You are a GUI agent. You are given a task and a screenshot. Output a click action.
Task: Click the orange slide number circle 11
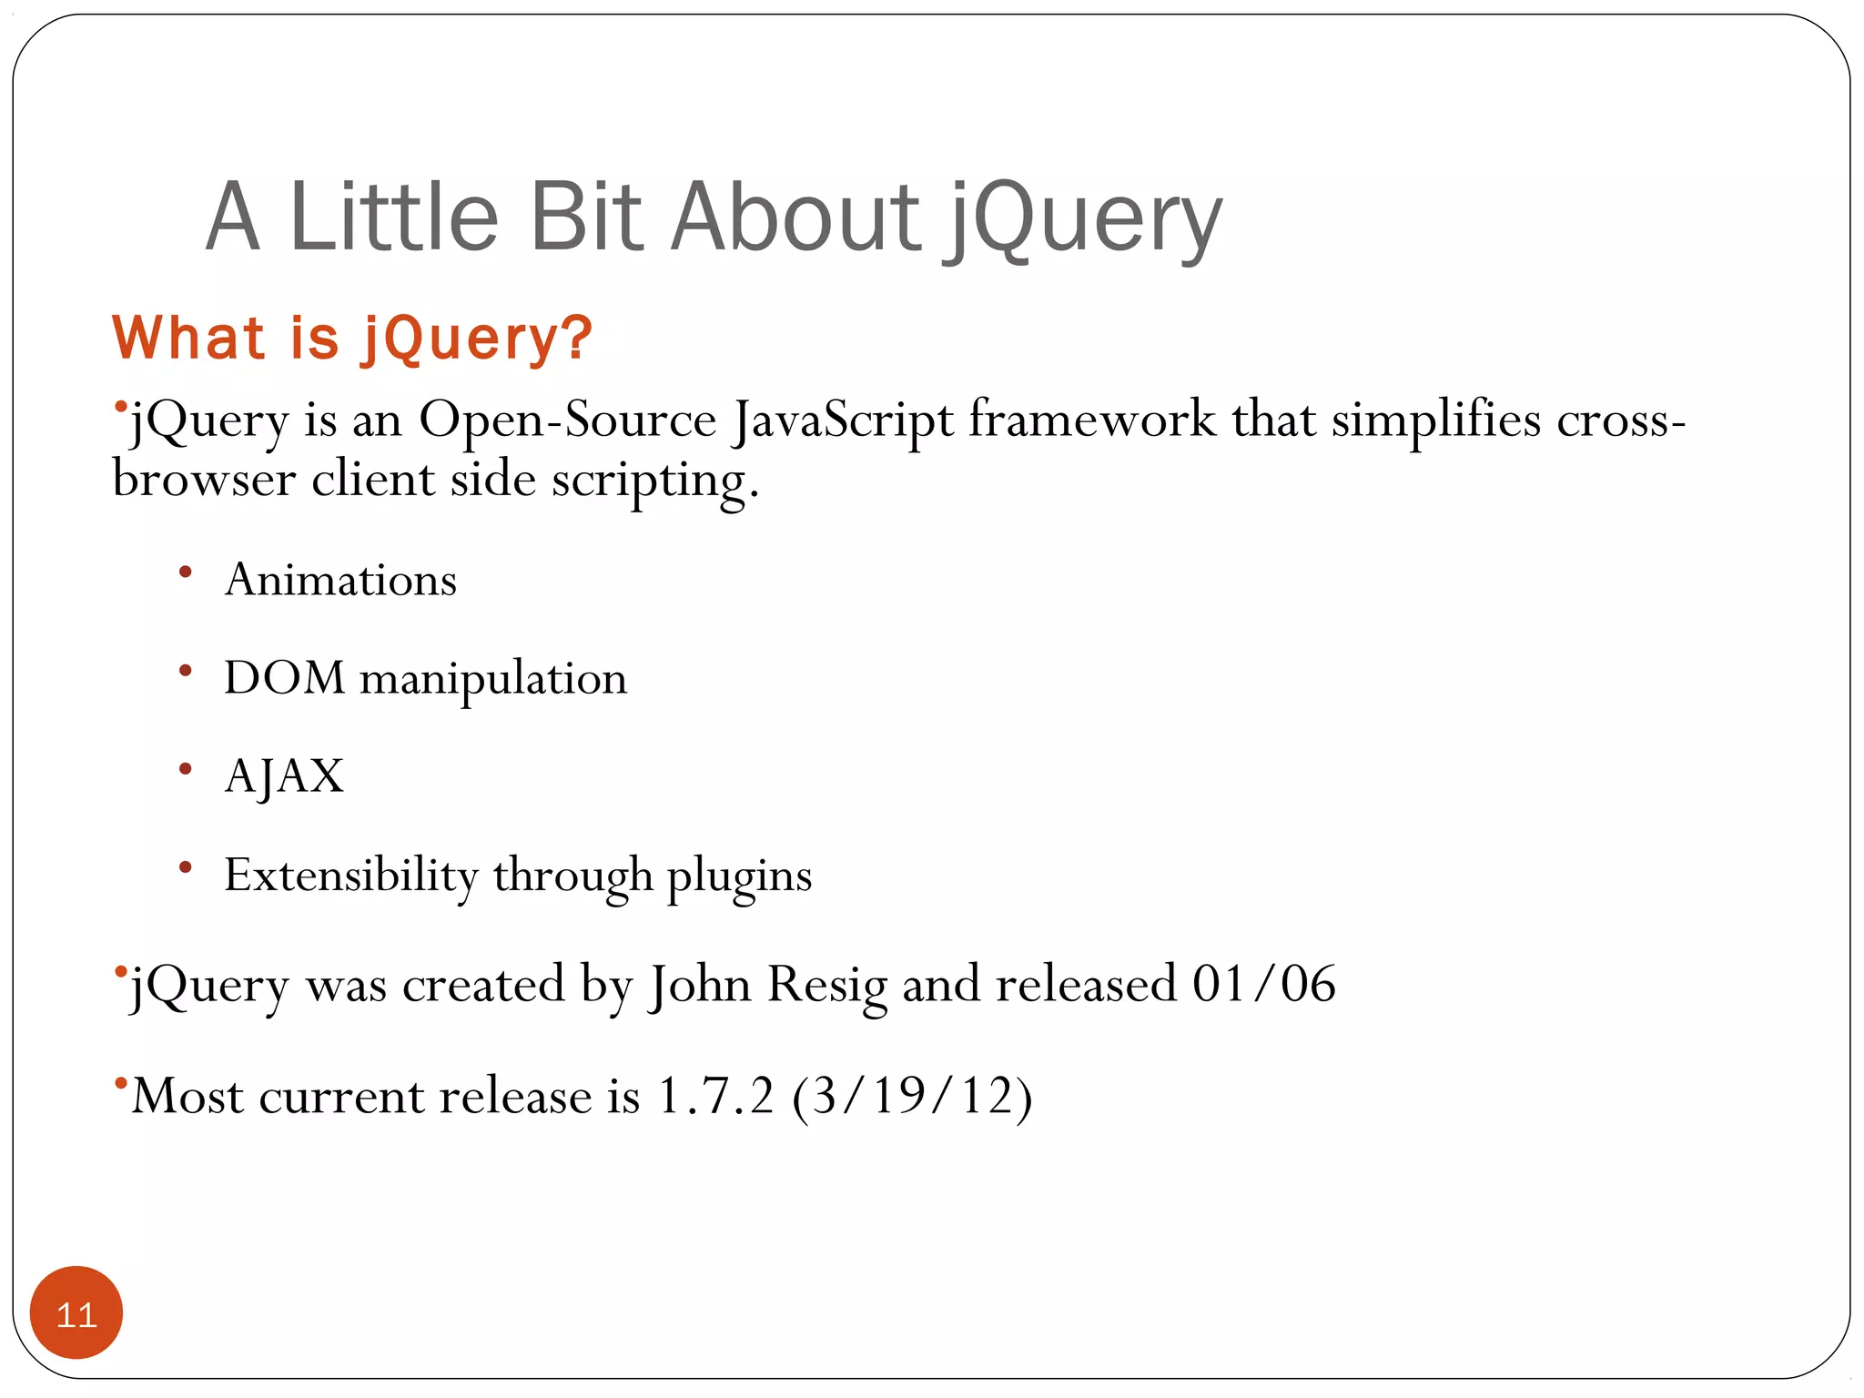[x=76, y=1312]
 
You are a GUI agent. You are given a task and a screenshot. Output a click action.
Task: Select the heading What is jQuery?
[x=351, y=338]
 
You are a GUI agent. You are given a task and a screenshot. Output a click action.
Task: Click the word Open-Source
[x=567, y=420]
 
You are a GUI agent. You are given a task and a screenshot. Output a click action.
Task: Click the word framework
[x=1091, y=420]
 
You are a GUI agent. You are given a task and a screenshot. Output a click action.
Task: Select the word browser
[x=204, y=480]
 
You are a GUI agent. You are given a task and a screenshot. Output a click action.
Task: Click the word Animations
[x=340, y=580]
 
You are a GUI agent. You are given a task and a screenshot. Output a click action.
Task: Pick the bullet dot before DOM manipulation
[x=186, y=671]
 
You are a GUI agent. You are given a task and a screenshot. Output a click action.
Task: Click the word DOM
[x=284, y=678]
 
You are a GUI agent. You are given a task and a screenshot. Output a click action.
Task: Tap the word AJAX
[x=284, y=776]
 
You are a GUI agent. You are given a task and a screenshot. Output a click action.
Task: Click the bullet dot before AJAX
[x=186, y=769]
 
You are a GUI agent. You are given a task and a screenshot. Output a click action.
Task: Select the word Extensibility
[x=351, y=876]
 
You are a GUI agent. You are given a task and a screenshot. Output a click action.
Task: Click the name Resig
[x=826, y=985]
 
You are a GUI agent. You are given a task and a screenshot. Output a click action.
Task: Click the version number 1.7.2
[x=715, y=1096]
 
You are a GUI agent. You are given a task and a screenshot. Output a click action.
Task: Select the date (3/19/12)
[x=912, y=1096]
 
